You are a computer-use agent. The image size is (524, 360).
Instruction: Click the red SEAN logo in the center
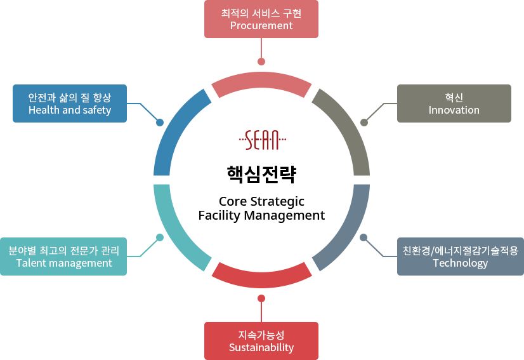262,139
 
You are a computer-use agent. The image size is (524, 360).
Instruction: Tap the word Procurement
261,26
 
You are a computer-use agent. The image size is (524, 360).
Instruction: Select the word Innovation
454,110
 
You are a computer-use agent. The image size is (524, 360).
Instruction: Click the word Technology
460,263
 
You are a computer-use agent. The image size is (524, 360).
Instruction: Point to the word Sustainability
261,347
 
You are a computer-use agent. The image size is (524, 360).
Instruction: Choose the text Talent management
63,263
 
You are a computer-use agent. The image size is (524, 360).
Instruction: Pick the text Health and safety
70,110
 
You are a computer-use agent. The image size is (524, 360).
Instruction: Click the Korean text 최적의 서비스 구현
261,13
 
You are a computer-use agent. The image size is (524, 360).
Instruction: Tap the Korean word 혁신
454,97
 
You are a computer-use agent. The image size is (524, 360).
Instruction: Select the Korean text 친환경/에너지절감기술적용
460,250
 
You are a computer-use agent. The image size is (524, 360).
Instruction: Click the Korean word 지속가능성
261,335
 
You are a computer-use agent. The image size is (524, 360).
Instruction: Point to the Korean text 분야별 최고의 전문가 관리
63,250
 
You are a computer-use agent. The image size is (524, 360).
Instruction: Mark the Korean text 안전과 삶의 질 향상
70,97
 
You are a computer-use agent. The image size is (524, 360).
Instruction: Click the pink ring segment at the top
261,84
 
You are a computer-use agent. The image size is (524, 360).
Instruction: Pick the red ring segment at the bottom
261,274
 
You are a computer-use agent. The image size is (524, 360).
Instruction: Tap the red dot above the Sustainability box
261,298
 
